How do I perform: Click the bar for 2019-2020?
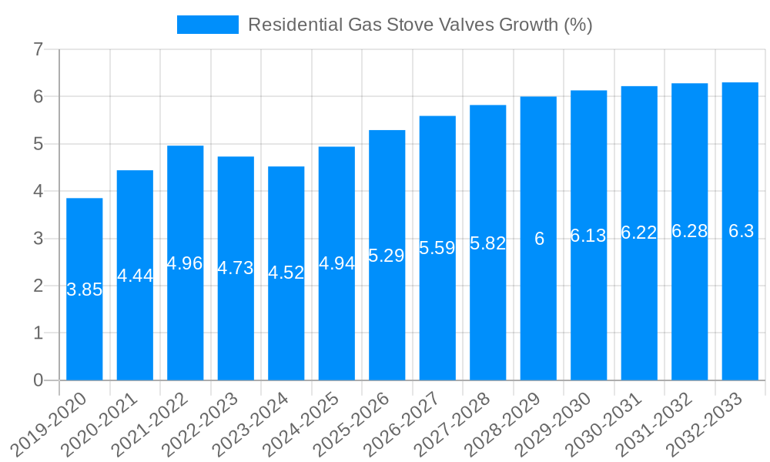tap(84, 289)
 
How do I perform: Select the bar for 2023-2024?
tap(286, 273)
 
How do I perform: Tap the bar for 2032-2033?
tap(740, 231)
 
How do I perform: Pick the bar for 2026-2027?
tap(437, 248)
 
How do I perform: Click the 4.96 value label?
tap(185, 263)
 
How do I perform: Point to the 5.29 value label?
tap(387, 256)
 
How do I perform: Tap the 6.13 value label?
tap(588, 236)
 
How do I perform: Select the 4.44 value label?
tap(135, 276)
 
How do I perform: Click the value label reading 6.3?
tap(741, 231)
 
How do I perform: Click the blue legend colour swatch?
tap(208, 25)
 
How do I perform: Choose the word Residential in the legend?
tap(294, 25)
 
